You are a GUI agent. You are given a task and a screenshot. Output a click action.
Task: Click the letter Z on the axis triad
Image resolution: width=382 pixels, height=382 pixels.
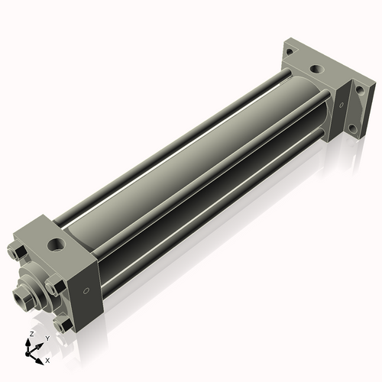tap(30, 335)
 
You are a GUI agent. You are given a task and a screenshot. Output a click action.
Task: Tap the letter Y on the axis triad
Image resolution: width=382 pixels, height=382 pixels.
tap(47, 338)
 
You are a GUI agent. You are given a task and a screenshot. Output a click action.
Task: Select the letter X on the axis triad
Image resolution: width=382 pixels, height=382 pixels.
tap(47, 359)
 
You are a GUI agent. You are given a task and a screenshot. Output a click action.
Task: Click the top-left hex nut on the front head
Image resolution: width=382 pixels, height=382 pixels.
tap(18, 253)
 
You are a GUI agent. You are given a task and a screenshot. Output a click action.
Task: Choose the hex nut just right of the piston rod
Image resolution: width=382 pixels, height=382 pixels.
tap(53, 288)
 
